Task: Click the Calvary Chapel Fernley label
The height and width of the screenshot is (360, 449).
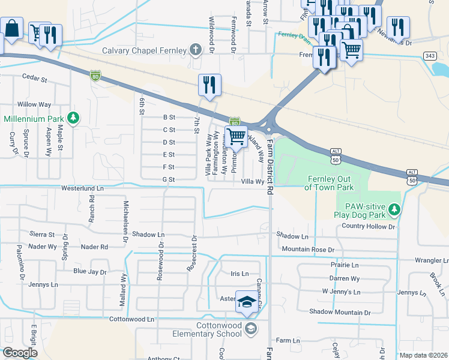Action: (144, 50)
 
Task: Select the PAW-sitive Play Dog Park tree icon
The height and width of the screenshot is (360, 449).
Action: (394, 209)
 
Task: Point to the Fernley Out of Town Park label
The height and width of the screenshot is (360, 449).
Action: (333, 183)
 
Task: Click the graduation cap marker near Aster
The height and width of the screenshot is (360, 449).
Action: (246, 304)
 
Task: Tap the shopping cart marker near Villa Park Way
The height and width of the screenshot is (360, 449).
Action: (237, 137)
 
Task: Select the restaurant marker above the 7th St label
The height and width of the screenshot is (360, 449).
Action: (209, 85)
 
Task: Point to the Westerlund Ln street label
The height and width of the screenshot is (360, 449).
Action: (82, 188)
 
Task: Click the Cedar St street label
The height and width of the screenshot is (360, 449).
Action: (34, 77)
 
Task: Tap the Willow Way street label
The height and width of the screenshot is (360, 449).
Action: (34, 104)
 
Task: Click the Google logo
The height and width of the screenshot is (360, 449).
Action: (20, 353)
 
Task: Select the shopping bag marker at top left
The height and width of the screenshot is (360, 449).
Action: (12, 28)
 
